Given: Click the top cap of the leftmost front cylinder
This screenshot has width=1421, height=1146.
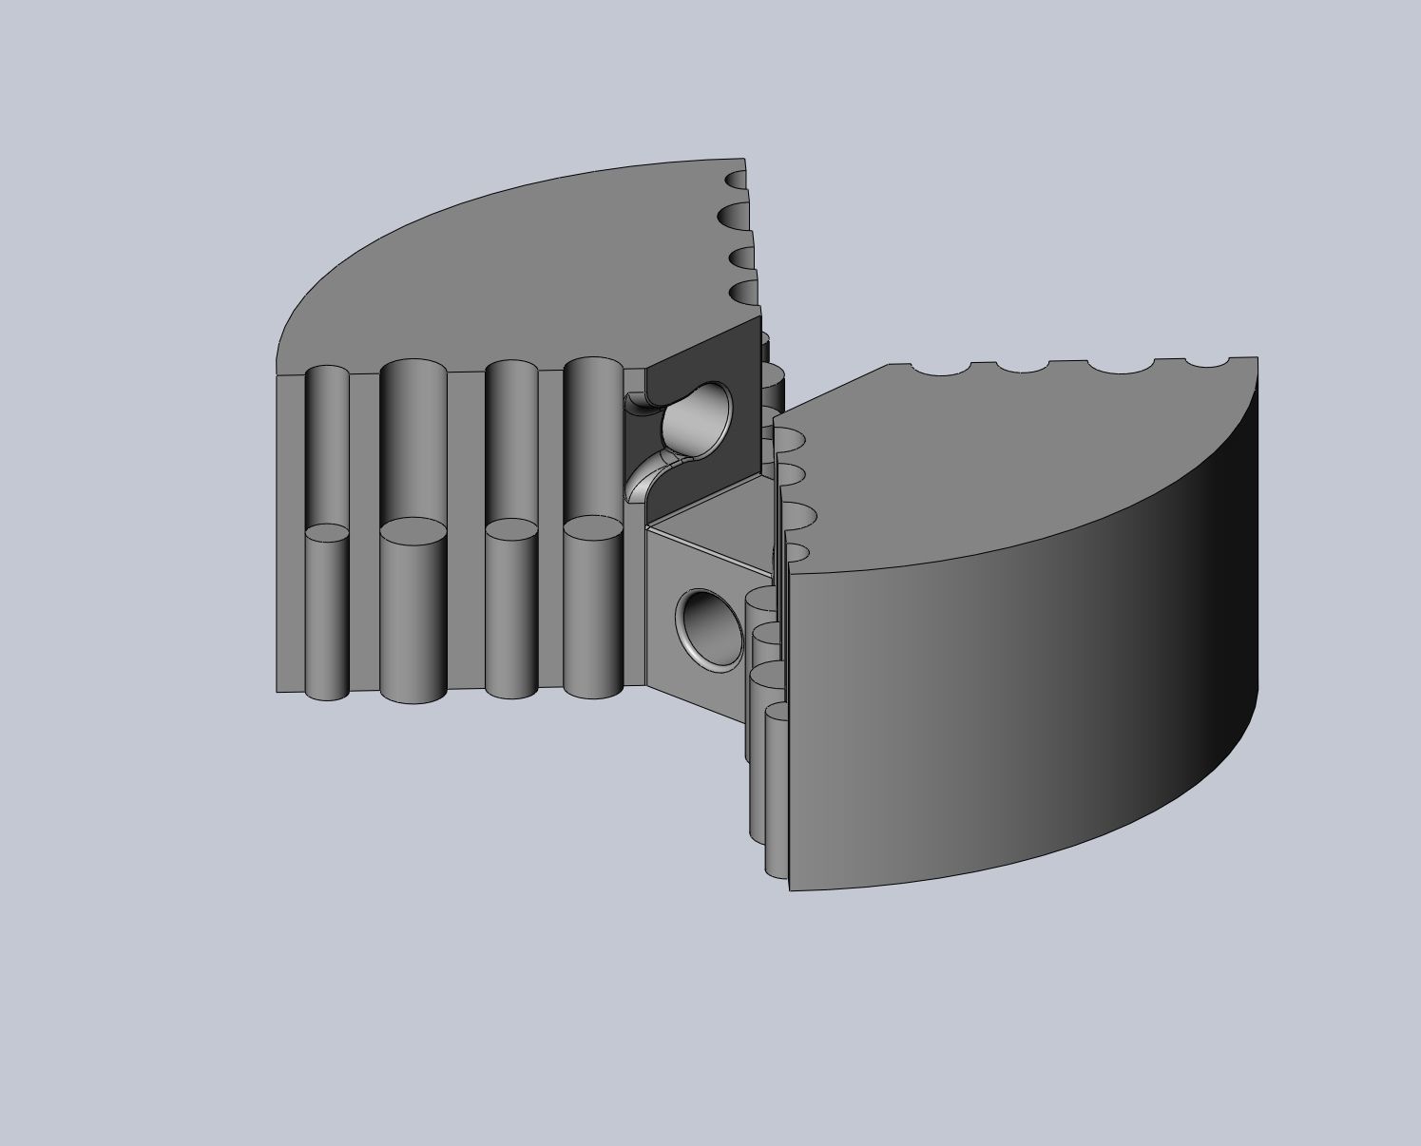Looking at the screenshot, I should point(327,532).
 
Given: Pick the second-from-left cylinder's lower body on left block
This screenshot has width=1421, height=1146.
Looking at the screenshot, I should point(413,618).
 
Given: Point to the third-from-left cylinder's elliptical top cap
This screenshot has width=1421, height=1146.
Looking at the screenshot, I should point(511,529).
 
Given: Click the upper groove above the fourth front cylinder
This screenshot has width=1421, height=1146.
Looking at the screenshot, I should point(592,437).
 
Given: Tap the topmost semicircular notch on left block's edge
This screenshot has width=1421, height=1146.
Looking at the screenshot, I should point(737,179).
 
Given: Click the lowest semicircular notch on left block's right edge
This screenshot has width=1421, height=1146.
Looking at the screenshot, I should point(745,292).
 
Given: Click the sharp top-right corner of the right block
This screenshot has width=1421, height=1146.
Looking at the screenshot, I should point(1257,358).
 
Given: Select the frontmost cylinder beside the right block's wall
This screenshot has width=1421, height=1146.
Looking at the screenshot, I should point(777,789).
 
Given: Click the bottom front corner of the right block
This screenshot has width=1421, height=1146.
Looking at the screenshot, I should point(791,889).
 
